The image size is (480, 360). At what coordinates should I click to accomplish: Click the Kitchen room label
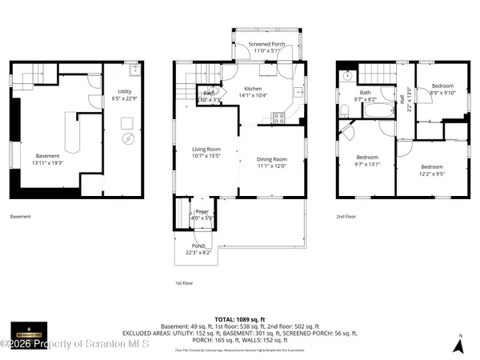(x=254, y=88)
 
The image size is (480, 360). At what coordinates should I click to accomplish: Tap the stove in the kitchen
(x=278, y=117)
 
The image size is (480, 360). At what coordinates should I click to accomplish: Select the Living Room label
(x=206, y=149)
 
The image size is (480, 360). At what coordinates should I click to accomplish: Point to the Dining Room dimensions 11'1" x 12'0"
(x=272, y=166)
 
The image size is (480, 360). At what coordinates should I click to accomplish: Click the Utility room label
(x=126, y=91)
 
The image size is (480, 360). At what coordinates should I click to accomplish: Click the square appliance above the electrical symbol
(x=126, y=122)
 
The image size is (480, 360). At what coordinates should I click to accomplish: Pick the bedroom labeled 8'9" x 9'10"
(x=442, y=89)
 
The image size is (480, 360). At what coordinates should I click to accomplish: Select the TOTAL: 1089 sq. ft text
(x=239, y=318)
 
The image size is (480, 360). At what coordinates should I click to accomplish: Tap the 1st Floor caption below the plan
(x=183, y=282)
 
